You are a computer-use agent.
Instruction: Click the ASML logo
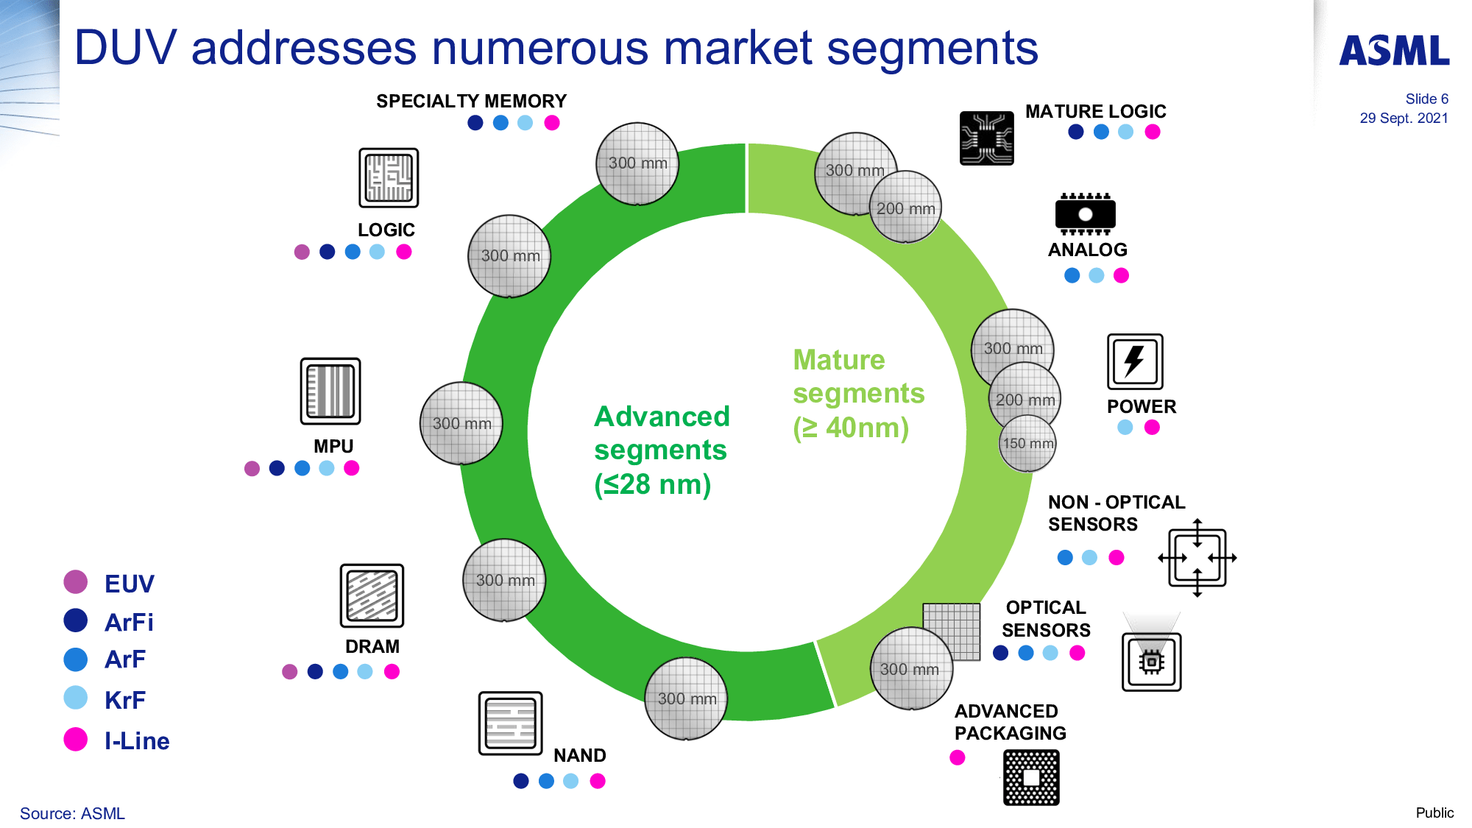click(1394, 51)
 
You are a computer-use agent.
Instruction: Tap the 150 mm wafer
click(1028, 443)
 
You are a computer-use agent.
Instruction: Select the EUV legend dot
click(76, 582)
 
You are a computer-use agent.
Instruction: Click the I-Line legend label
click(137, 741)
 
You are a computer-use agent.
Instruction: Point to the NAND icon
click(510, 723)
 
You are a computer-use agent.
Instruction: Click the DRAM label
click(372, 646)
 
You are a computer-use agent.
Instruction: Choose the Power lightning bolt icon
click(1135, 361)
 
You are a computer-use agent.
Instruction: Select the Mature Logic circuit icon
click(986, 138)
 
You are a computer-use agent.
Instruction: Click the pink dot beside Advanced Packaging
click(957, 757)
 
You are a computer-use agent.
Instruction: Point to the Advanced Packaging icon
click(1031, 777)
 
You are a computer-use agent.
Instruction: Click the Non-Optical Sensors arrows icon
click(1197, 557)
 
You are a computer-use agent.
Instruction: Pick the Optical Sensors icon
click(1151, 659)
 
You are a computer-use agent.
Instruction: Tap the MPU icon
click(330, 391)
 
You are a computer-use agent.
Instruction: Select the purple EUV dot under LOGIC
click(302, 252)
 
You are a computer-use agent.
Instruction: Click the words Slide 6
click(1426, 99)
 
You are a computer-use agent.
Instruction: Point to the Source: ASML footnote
click(72, 813)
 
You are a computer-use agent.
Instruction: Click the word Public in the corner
click(1434, 813)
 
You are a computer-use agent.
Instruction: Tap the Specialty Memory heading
click(471, 101)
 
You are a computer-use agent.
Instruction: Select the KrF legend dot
click(76, 698)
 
